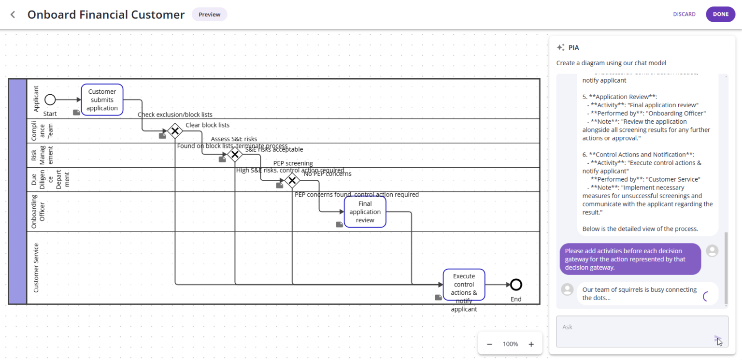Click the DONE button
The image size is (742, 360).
(720, 14)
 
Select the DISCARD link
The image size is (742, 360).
(684, 14)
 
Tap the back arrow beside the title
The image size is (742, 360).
(13, 14)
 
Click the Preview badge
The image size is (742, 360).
(209, 14)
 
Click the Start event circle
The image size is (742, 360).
(50, 100)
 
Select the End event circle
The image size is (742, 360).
(516, 285)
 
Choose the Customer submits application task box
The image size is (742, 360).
(102, 100)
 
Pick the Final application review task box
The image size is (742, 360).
(365, 212)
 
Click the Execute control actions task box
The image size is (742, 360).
(464, 285)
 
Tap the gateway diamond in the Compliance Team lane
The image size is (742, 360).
(174, 130)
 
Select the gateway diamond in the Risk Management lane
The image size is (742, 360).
(235, 155)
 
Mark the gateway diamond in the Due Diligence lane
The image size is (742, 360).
(292, 181)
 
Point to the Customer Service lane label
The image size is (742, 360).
(36, 268)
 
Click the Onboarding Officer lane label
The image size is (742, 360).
(38, 211)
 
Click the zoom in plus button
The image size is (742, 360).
(531, 344)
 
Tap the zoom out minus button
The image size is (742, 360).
(489, 344)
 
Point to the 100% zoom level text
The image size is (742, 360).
(510, 344)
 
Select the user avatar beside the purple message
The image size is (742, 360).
(712, 251)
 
